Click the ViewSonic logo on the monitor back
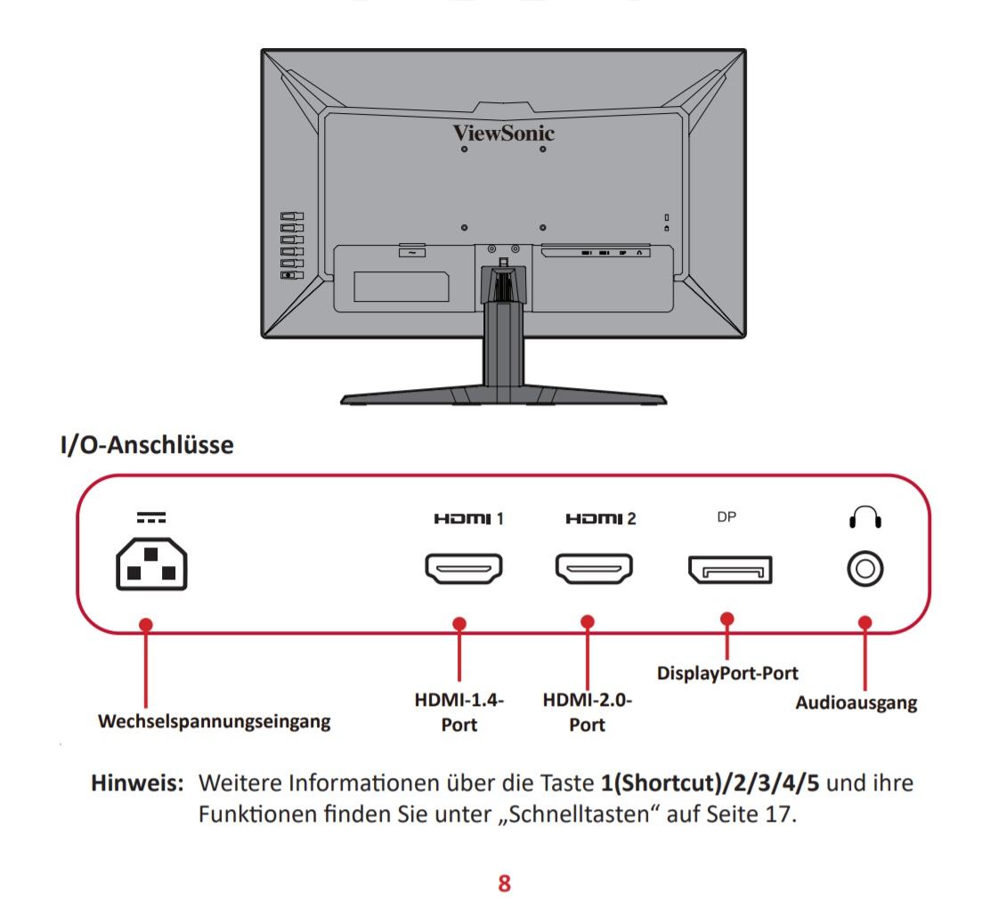(x=503, y=133)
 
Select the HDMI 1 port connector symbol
(x=463, y=569)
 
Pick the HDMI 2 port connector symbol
(x=593, y=569)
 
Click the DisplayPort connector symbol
(x=729, y=570)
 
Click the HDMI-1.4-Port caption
(x=459, y=712)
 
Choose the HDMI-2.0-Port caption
(x=588, y=712)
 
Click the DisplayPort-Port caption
(x=727, y=673)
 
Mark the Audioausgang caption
(x=856, y=702)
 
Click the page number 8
(x=504, y=883)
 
